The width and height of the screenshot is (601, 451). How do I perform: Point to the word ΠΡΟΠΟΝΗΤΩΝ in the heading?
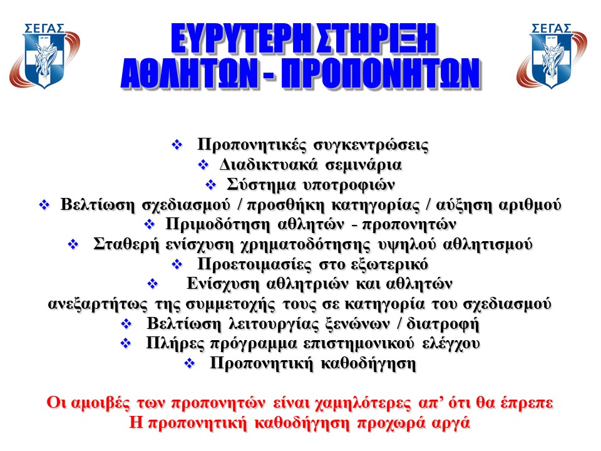[x=381, y=74]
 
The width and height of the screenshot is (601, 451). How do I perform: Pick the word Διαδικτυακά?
[x=269, y=165]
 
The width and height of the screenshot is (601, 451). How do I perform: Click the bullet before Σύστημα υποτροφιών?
[x=211, y=185]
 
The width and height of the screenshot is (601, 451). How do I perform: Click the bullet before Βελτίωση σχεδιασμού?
[x=44, y=205]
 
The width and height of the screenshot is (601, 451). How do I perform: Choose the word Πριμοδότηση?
[x=218, y=225]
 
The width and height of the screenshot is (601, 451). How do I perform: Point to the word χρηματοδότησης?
[x=306, y=245]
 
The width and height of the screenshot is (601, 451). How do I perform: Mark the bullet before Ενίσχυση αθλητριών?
[x=153, y=284]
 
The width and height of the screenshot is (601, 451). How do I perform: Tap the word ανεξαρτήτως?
[x=98, y=304]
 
